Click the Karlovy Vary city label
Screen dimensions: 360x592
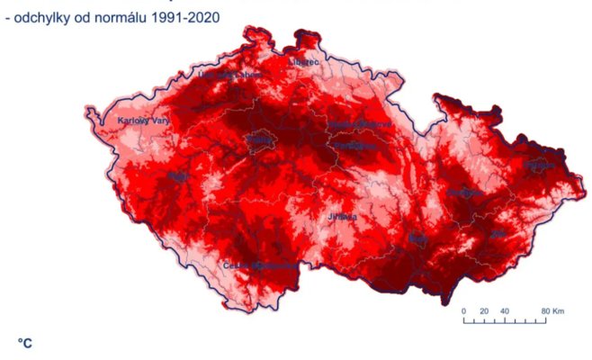145,121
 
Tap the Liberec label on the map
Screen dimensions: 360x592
304,62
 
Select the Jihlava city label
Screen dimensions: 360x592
342,217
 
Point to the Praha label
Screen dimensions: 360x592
261,140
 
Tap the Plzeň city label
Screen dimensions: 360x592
178,176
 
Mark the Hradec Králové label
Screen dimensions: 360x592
359,123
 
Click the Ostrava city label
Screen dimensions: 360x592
539,165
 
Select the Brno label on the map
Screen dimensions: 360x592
418,239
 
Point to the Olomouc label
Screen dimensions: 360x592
465,193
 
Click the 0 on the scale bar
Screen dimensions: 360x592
464,311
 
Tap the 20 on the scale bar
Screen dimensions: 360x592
483,311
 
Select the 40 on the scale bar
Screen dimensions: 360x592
504,311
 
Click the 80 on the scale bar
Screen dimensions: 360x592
544,311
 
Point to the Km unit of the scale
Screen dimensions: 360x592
559,311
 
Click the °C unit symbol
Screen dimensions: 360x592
25,342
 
